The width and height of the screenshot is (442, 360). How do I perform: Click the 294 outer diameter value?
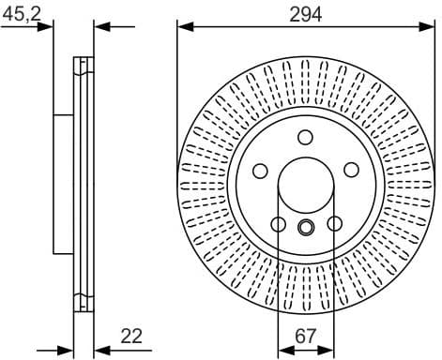click(306, 14)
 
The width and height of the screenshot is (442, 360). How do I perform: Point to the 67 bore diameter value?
click(307, 335)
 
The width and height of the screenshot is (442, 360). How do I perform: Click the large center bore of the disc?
click(306, 184)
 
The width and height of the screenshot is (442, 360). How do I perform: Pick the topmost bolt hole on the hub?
click(306, 137)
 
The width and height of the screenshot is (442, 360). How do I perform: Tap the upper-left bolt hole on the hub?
click(261, 170)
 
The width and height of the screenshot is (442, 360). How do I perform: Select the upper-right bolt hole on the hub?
click(351, 170)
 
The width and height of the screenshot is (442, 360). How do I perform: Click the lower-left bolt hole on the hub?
click(278, 223)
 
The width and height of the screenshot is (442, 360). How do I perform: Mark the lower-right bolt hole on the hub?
click(334, 223)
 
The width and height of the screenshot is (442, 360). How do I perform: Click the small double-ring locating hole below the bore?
click(306, 226)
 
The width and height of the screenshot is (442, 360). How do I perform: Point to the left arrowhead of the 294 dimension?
click(183, 26)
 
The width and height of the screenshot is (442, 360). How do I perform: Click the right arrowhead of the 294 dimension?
click(429, 26)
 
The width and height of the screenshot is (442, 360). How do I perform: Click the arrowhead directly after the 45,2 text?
click(48, 26)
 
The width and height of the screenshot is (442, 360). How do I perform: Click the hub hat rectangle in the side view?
click(64, 183)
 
